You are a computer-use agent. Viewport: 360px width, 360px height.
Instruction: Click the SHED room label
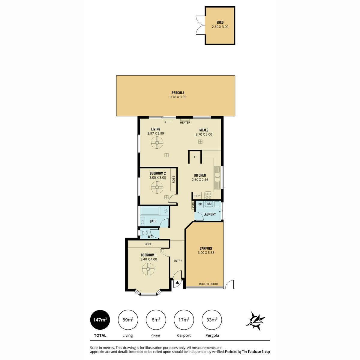tap(220, 22)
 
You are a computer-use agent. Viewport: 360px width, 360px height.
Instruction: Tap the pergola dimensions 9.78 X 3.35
tap(178, 97)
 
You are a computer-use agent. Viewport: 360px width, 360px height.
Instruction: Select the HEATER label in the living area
tap(185, 123)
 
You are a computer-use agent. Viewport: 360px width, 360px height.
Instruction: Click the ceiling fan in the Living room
tap(157, 142)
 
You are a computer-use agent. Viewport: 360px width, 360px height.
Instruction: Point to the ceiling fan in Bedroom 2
tap(157, 187)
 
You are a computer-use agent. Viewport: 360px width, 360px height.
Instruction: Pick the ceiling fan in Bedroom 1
tap(148, 269)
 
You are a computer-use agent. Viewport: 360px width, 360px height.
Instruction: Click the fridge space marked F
tap(195, 157)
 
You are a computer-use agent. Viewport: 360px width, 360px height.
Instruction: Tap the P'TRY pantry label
tap(197, 196)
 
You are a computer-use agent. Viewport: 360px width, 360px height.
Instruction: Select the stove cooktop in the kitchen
tap(208, 196)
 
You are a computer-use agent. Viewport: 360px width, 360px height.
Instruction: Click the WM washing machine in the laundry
tap(209, 204)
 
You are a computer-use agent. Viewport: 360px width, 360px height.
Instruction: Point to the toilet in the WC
tap(144, 233)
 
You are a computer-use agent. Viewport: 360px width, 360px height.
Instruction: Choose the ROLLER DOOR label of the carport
tap(208, 284)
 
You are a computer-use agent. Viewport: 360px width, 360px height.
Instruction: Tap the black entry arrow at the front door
tap(177, 283)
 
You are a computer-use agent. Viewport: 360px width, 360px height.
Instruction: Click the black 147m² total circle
tap(100, 320)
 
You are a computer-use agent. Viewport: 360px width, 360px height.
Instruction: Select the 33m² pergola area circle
tap(212, 320)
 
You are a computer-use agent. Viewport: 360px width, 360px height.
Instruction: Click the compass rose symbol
tap(256, 321)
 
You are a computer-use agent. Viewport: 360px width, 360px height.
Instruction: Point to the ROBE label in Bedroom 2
tap(174, 179)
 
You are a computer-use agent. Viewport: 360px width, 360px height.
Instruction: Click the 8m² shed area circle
tap(156, 320)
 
